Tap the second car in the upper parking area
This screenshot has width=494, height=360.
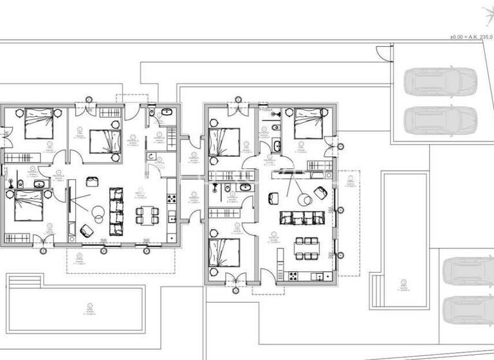tap(441, 118)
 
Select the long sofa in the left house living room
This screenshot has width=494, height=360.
tap(116, 211)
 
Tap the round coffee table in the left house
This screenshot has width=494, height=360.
tap(98, 212)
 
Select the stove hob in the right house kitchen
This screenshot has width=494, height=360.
tap(293, 276)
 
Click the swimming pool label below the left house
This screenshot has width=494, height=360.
tap(87, 310)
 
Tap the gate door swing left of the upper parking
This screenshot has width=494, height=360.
tap(383, 54)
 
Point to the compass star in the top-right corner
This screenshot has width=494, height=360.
tap(488, 12)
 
